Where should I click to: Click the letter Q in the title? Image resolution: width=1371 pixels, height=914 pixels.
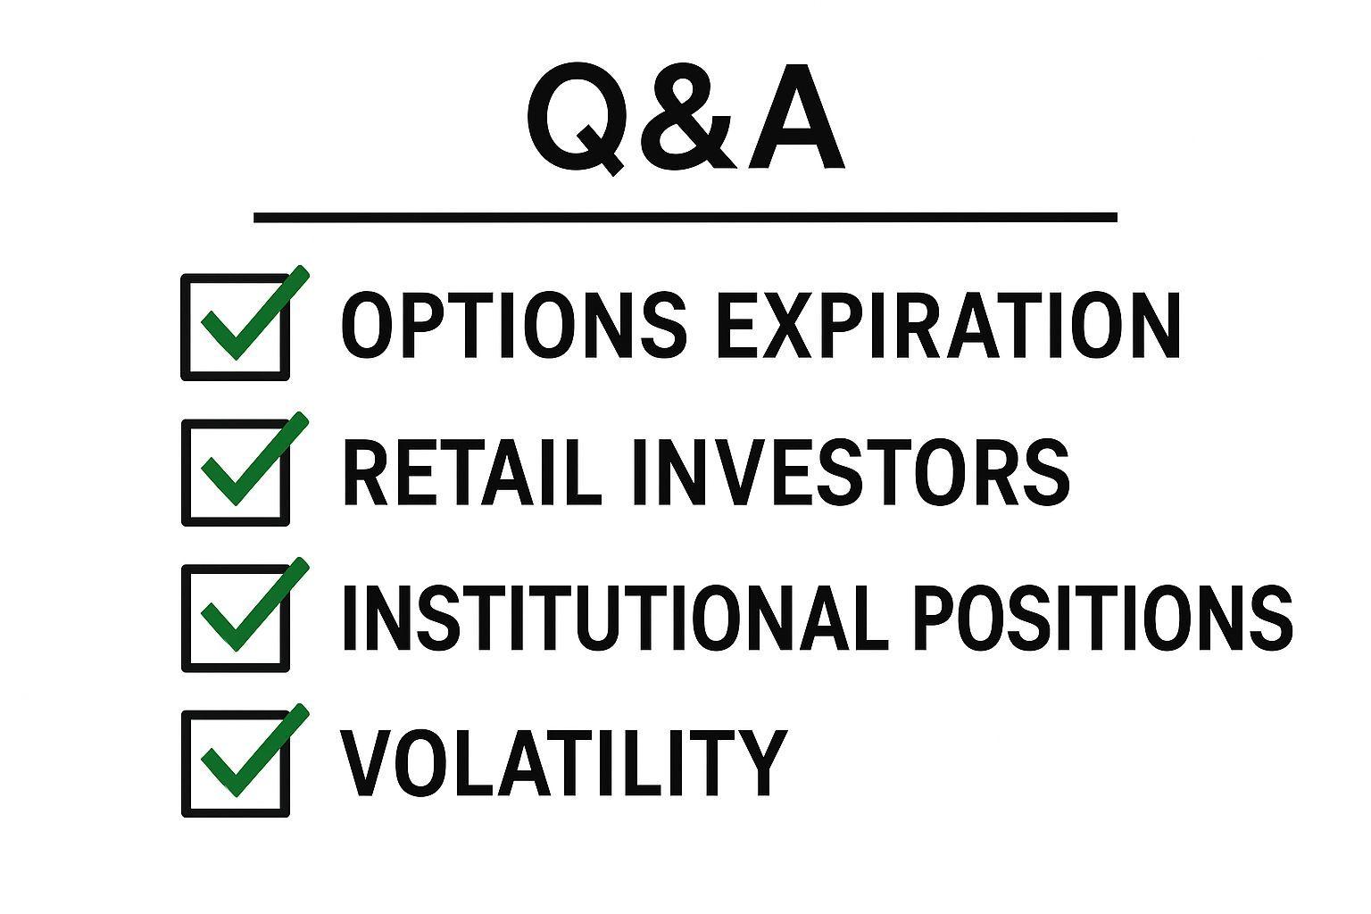point(579,120)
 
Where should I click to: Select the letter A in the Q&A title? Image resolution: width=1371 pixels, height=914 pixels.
point(795,118)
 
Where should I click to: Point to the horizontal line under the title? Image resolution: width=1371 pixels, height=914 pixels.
point(685,217)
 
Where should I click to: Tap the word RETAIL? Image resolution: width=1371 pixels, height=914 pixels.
point(472,471)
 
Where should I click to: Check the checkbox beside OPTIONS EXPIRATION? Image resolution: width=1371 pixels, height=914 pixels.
point(237,327)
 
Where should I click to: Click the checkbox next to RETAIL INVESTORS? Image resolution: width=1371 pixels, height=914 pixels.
point(237,472)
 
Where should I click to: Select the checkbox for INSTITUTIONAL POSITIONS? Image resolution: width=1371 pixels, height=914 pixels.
point(237,618)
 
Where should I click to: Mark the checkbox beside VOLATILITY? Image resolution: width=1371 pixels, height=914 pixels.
point(237,763)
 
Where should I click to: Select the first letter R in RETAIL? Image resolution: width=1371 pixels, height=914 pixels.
point(367,471)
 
